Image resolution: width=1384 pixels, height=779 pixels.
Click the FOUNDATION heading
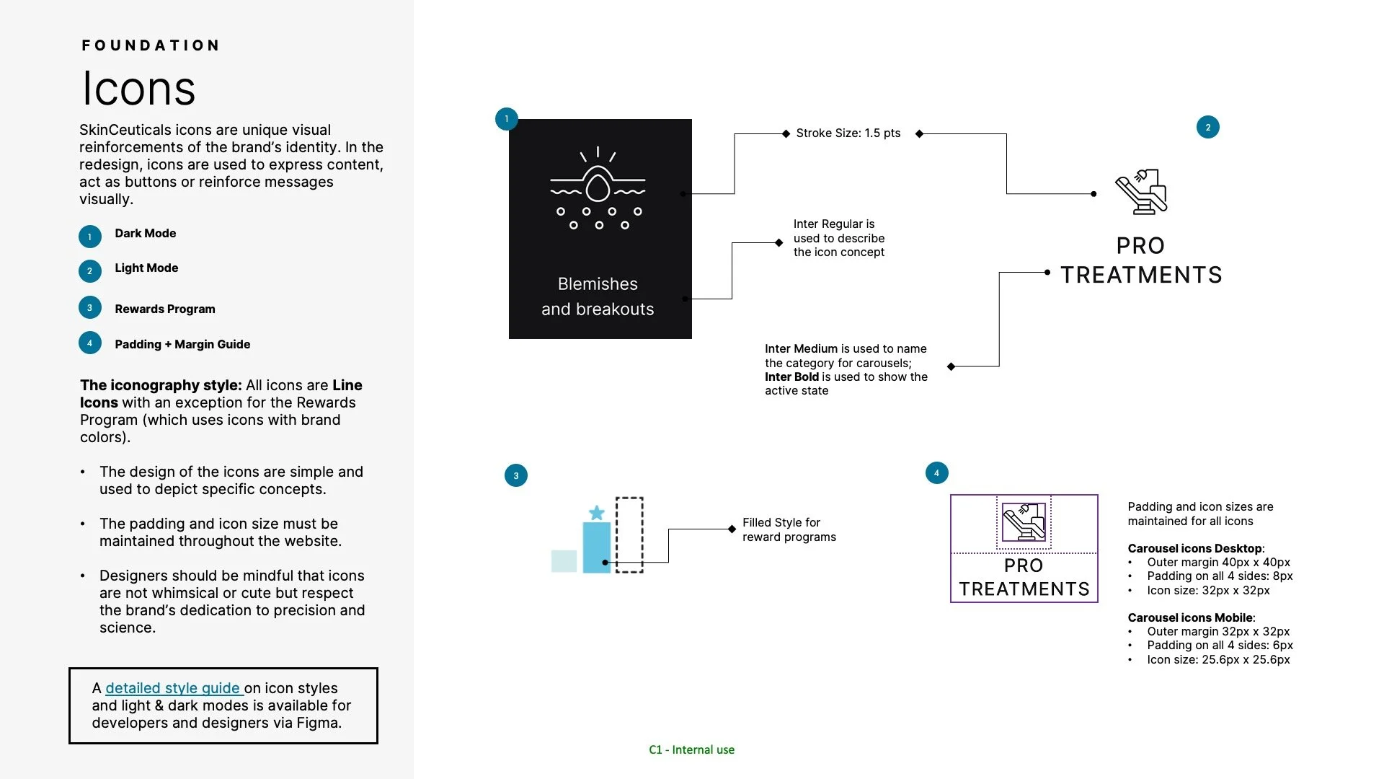click(151, 45)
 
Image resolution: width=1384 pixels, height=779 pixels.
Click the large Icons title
click(138, 89)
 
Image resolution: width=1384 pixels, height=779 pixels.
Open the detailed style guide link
click(173, 688)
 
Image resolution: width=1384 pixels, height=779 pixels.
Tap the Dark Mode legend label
click(145, 233)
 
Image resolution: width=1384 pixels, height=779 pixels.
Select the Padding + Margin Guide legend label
click(182, 344)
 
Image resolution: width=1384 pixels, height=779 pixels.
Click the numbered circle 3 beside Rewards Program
click(89, 307)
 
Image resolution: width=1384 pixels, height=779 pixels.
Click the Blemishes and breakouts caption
click(598, 296)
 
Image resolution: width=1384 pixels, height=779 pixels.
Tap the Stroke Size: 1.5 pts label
click(848, 133)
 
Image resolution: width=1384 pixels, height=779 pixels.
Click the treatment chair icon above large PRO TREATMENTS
click(1141, 192)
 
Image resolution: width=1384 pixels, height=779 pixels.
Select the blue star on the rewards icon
click(596, 513)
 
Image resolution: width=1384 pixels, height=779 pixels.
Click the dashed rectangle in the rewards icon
click(629, 534)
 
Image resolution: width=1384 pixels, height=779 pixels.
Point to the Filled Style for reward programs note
click(789, 529)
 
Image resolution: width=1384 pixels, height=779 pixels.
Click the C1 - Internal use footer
click(691, 749)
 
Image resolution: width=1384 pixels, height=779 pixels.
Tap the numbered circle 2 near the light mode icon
click(1207, 128)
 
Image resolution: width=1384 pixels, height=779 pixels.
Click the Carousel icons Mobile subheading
click(1191, 617)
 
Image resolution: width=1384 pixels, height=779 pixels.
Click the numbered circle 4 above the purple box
click(936, 473)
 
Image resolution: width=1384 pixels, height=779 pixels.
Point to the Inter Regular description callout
click(838, 238)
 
